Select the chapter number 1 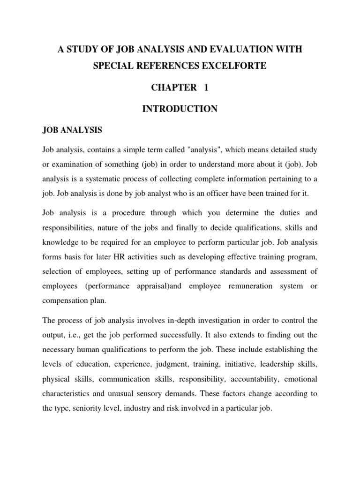click(x=205, y=87)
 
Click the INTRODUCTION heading click(x=180, y=109)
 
